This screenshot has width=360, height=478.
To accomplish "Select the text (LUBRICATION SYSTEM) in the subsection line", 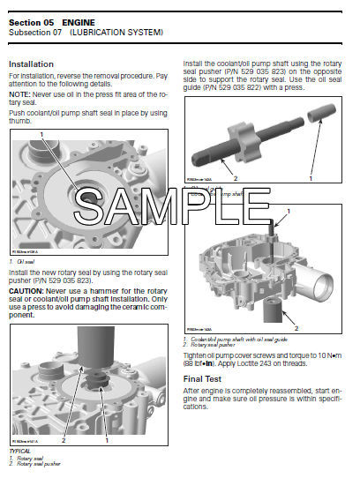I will tap(118, 33).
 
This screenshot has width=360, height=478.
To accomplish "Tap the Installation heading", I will tap(32, 64).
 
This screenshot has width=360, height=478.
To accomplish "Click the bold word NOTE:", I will tap(19, 93).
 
